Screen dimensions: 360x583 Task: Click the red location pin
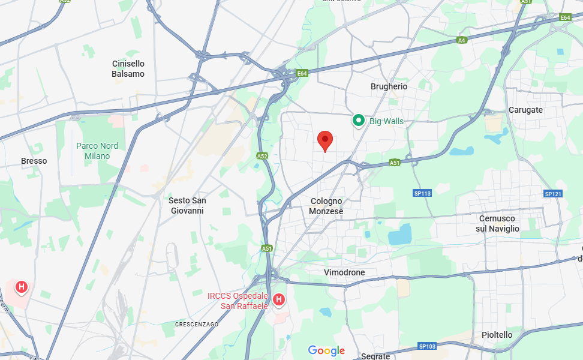[x=324, y=140]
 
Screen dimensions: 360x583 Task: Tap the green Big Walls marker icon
[x=359, y=121]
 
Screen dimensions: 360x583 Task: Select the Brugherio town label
[x=389, y=86]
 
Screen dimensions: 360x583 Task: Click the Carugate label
[x=525, y=110]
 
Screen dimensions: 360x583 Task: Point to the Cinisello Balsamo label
[x=128, y=68]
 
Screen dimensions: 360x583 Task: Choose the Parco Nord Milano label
[x=97, y=151]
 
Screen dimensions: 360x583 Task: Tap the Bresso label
[x=34, y=161]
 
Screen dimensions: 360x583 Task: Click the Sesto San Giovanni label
[x=187, y=205]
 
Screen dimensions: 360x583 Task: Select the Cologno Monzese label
[x=326, y=206]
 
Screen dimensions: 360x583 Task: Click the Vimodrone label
[x=344, y=272]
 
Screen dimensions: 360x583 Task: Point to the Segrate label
[x=375, y=356]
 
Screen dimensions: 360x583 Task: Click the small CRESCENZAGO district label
[x=196, y=324]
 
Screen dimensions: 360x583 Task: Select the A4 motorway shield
[x=461, y=40]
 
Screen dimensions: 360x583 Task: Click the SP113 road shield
[x=422, y=193]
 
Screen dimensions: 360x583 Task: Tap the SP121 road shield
[x=552, y=194]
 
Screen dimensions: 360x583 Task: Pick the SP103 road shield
[x=427, y=346]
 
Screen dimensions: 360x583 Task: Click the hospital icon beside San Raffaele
[x=279, y=299]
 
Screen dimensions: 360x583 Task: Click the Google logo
[x=326, y=350]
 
